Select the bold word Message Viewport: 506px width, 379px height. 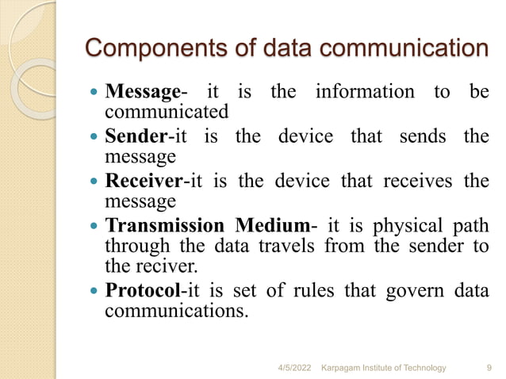click(142, 92)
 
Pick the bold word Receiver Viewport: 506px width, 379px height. click(144, 181)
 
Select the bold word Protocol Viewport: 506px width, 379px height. click(143, 291)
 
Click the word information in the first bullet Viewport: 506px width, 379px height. click(364, 92)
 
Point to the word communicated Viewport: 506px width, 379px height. click(167, 111)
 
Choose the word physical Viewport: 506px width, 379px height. click(412, 225)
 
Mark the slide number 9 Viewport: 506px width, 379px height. click(487, 368)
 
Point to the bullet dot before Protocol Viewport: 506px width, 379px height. click(94, 292)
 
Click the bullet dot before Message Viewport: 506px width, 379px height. click(94, 93)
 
